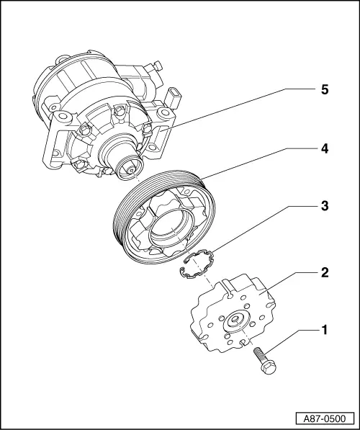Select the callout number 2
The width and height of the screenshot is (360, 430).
pyautogui.click(x=324, y=272)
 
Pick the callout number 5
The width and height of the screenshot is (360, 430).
pyautogui.click(x=324, y=91)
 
